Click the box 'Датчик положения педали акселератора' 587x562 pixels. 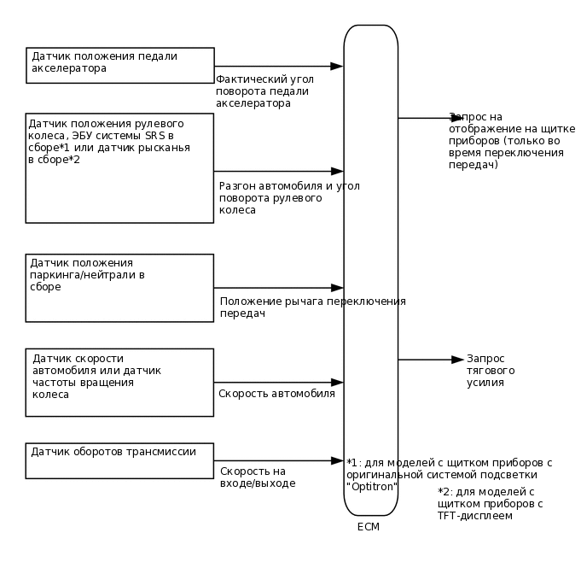[119, 65]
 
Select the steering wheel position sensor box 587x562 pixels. [119, 167]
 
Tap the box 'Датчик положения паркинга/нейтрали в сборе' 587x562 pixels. [119, 287]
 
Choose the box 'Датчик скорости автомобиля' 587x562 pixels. [119, 382]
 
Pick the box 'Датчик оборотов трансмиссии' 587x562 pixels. [119, 460]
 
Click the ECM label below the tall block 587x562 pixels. [369, 527]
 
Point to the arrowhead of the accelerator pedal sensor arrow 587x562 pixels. [337, 66]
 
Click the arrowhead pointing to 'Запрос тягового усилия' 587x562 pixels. [458, 360]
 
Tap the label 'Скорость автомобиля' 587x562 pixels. [276, 394]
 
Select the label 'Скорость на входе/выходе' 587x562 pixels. [258, 477]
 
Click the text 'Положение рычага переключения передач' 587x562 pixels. [312, 307]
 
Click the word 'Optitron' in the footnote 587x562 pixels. [373, 485]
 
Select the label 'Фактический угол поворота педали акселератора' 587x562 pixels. [264, 91]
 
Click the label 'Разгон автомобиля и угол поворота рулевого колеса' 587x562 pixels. [288, 197]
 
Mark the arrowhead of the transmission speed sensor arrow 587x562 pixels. [337, 461]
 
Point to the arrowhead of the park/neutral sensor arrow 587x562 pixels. [337, 288]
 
